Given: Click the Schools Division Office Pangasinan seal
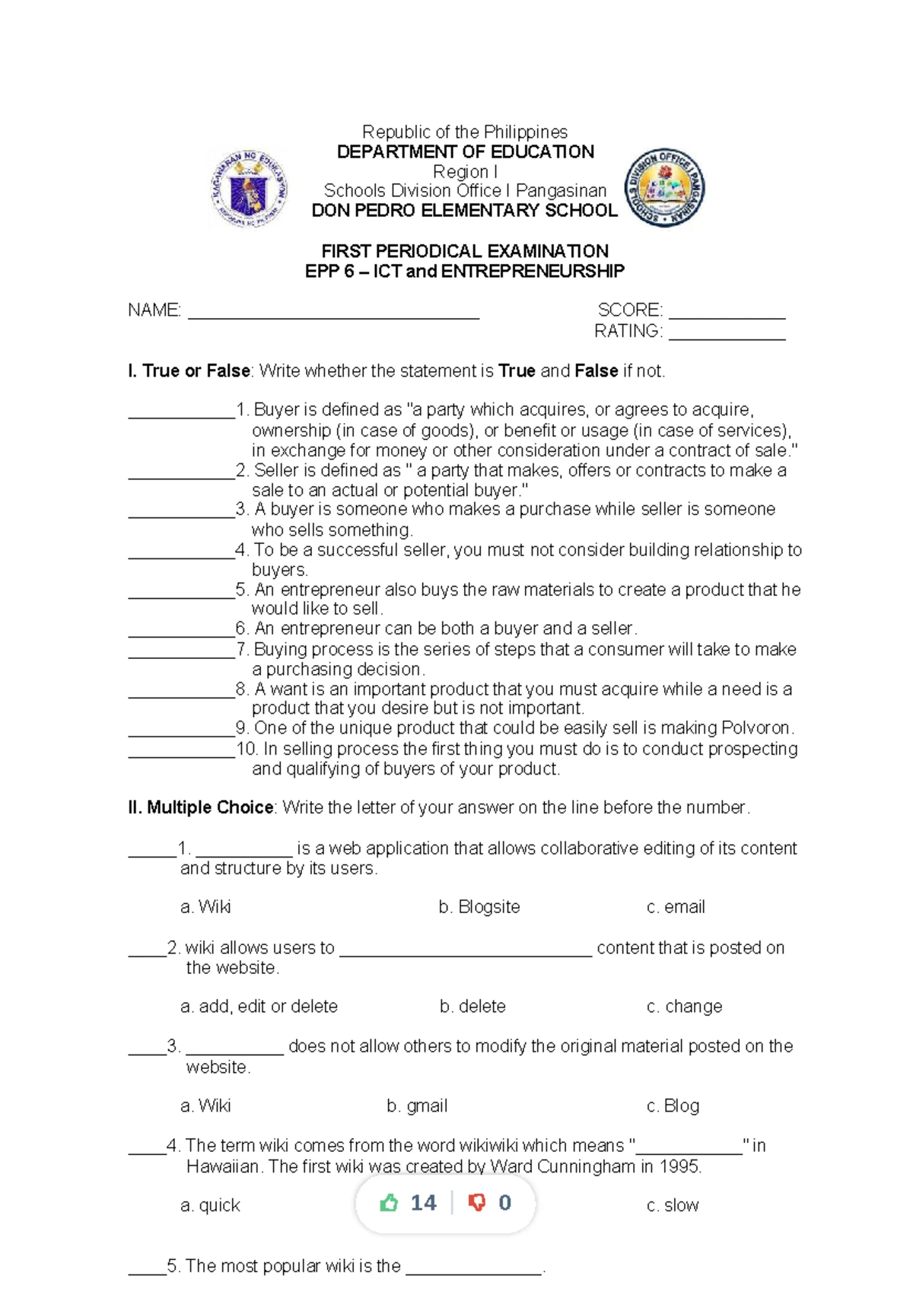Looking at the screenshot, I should click(664, 188).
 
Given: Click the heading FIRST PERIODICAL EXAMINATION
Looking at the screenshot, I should click(465, 251).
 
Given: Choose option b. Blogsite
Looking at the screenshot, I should click(479, 907).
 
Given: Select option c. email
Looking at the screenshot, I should click(676, 907).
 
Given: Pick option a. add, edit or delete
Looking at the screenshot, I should click(259, 1007).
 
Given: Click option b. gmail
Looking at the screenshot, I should click(417, 1106).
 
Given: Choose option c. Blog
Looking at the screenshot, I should click(673, 1106).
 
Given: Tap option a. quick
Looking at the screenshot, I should click(210, 1206).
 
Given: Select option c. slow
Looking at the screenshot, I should click(673, 1206).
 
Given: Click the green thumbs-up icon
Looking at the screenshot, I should click(389, 1203).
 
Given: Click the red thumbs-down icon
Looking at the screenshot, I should click(477, 1203).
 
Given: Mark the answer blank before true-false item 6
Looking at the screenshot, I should click(181, 631).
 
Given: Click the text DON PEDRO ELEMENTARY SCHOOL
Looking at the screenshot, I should click(465, 211).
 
